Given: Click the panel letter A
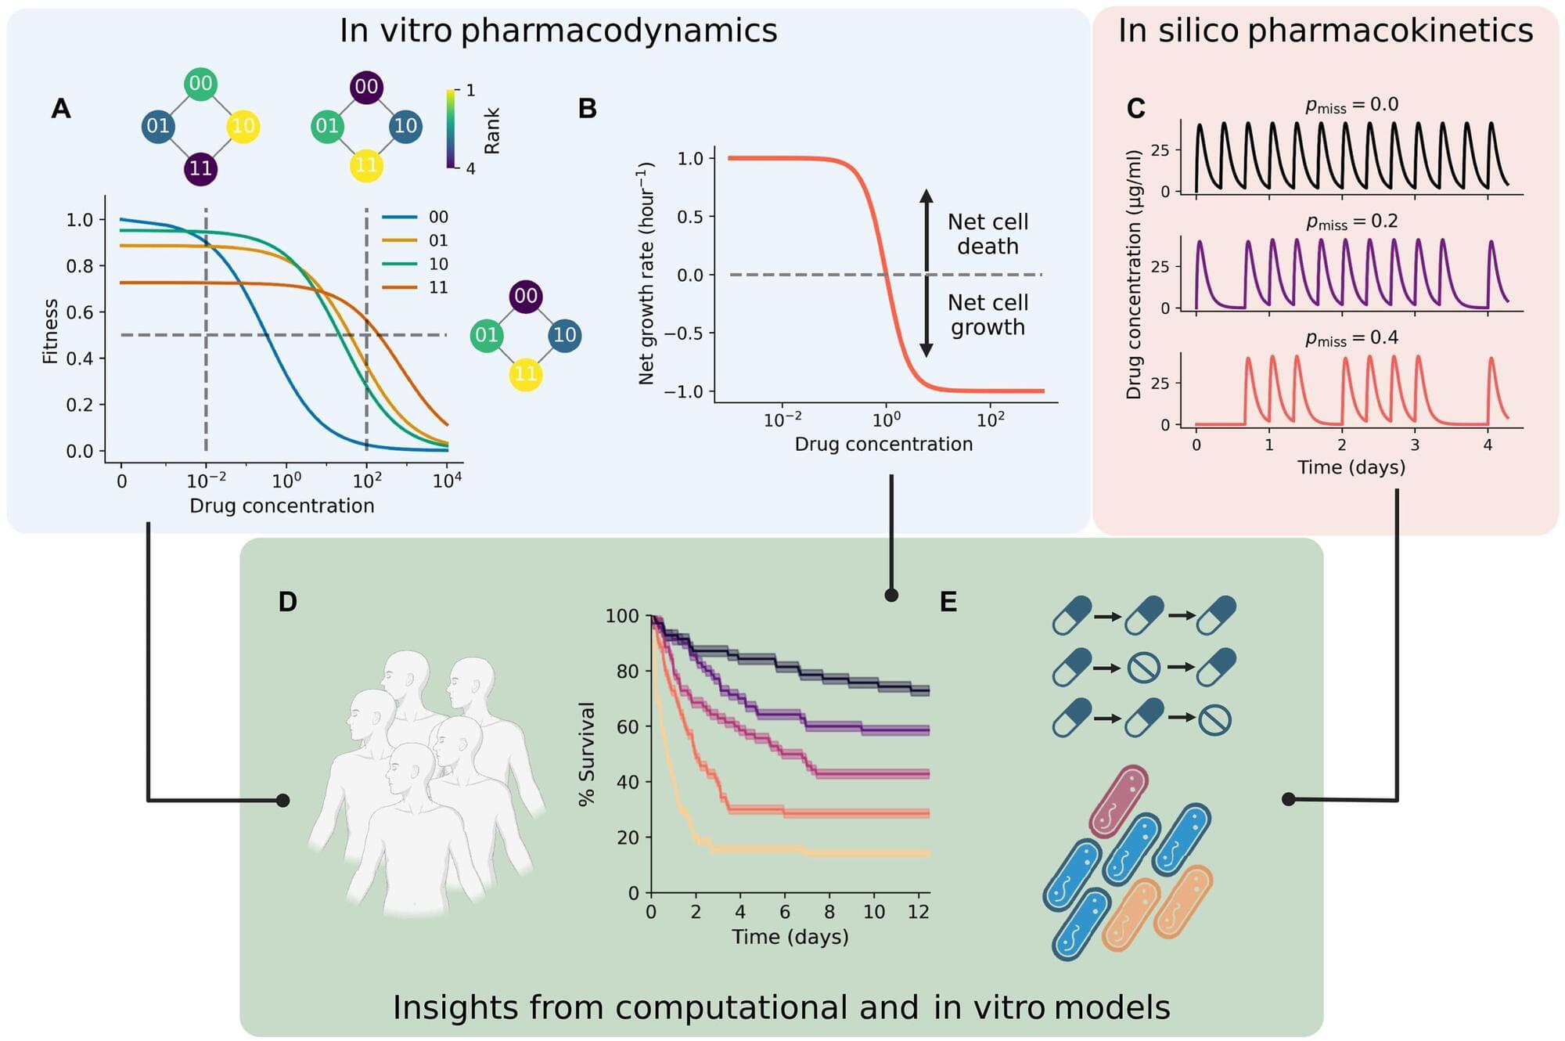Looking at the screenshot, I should pyautogui.click(x=61, y=109).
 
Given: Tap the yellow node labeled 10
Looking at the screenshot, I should pyautogui.click(x=243, y=126).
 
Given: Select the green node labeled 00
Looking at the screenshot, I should pyautogui.click(x=200, y=84).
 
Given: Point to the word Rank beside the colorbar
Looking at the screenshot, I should pyautogui.click(x=492, y=131).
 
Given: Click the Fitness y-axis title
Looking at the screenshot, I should pyautogui.click(x=51, y=331).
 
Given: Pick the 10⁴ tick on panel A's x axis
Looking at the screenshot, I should pyautogui.click(x=447, y=481).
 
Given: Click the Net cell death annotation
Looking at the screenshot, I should pyautogui.click(x=988, y=234).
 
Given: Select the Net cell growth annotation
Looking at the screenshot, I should pyautogui.click(x=988, y=315).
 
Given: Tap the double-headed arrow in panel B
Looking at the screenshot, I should pyautogui.click(x=926, y=273).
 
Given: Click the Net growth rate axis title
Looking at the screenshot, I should pyautogui.click(x=646, y=273).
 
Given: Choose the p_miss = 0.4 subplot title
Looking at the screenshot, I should pyautogui.click(x=1351, y=338).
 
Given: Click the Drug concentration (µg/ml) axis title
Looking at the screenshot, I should pyautogui.click(x=1134, y=275).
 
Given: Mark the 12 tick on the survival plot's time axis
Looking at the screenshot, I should pyautogui.click(x=919, y=912).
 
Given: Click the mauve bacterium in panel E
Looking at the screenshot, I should pyautogui.click(x=1118, y=801).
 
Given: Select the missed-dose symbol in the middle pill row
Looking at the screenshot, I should pyautogui.click(x=1143, y=668).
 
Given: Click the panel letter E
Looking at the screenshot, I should pyautogui.click(x=948, y=602).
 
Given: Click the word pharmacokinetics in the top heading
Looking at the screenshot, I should pyautogui.click(x=1390, y=31).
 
